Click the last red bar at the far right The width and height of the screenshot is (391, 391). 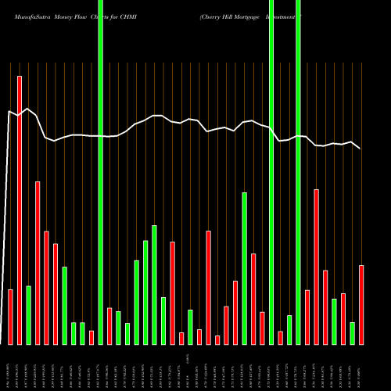tap(361, 305)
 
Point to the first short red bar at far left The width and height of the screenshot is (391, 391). tap(11, 317)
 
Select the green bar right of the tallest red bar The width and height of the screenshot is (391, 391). tap(29, 315)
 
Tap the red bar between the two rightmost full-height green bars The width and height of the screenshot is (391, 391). tap(281, 338)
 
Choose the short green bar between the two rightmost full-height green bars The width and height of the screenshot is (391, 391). tap(289, 329)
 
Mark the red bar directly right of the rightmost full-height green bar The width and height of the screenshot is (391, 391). tap(307, 317)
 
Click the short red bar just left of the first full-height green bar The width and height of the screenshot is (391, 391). tap(91, 337)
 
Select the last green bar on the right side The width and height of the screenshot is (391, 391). tap(353, 333)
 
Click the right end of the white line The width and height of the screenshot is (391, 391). tap(360, 148)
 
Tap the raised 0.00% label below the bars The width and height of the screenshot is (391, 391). tap(188, 357)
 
